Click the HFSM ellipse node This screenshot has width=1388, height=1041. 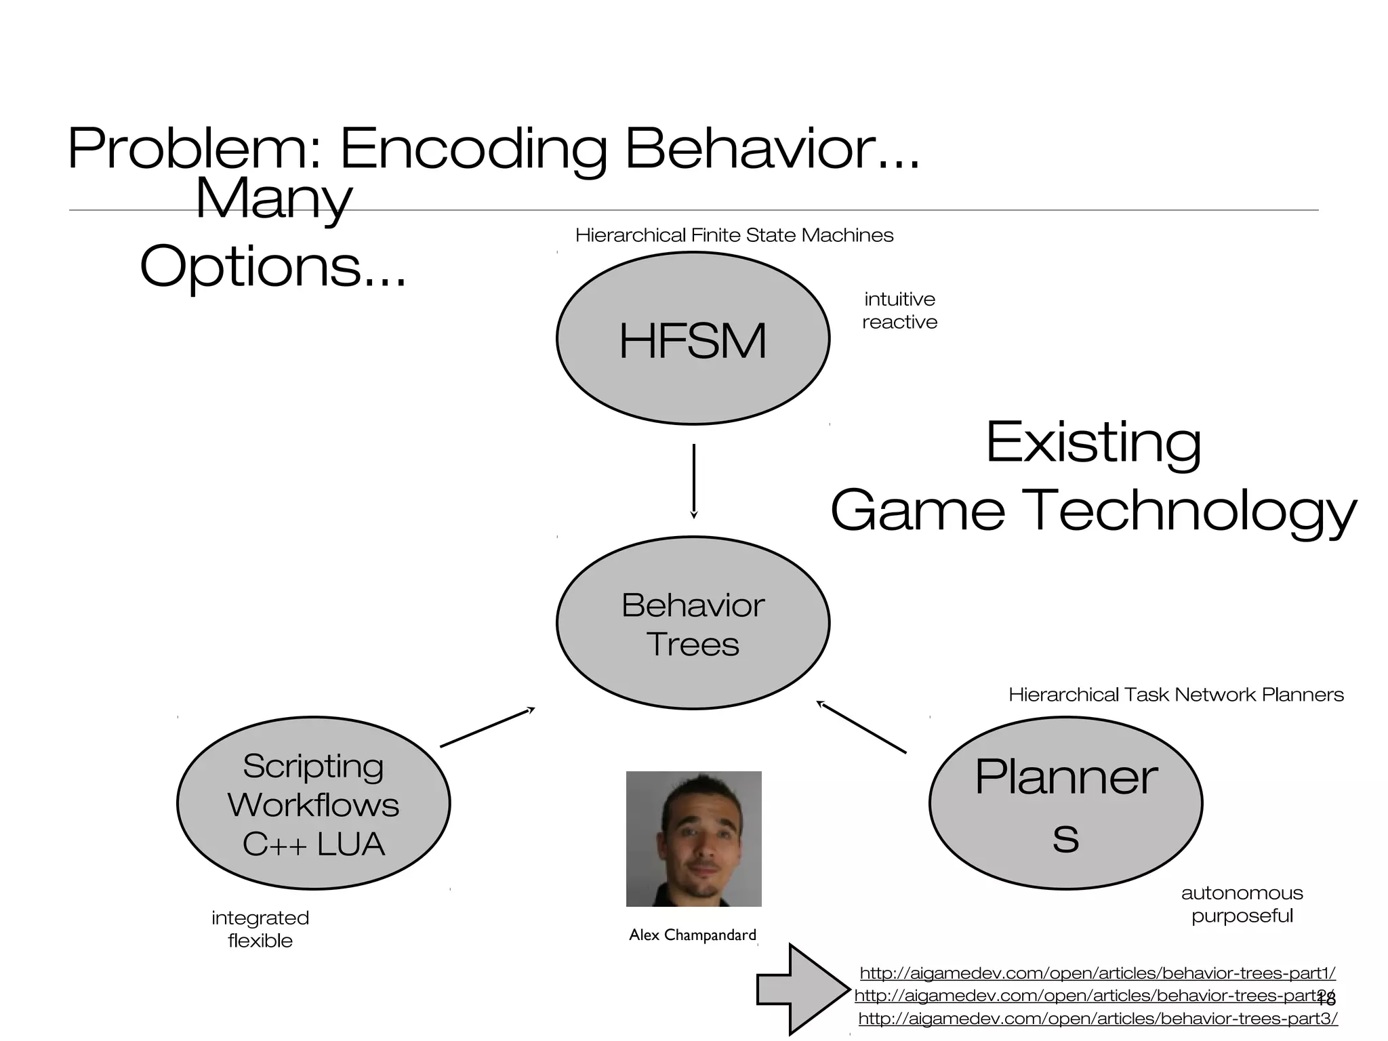pyautogui.click(x=693, y=339)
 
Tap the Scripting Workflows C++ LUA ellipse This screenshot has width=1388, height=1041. pyautogui.click(x=313, y=804)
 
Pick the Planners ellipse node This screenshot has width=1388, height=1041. pyautogui.click(x=1065, y=804)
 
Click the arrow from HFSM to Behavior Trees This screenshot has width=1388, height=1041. pyautogui.click(x=693, y=481)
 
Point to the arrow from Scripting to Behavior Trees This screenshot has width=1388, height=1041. pyautogui.click(x=487, y=727)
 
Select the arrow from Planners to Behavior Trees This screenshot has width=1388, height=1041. pyautogui.click(x=861, y=728)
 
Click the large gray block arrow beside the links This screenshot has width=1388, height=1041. pyautogui.click(x=803, y=989)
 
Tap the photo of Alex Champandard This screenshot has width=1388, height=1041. pyautogui.click(x=693, y=839)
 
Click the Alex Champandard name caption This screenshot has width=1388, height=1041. pyautogui.click(x=692, y=935)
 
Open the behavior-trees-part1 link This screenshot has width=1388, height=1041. pyautogui.click(x=1097, y=973)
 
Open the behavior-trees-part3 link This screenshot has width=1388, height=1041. pyautogui.click(x=1098, y=1019)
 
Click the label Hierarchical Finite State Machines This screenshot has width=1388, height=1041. pyautogui.click(x=734, y=235)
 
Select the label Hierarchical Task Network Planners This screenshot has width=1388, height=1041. pyautogui.click(x=1176, y=695)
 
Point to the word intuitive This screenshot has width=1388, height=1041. pyautogui.click(x=899, y=299)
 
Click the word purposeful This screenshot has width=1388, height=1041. pyautogui.click(x=1242, y=916)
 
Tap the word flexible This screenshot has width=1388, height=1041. pyautogui.click(x=260, y=941)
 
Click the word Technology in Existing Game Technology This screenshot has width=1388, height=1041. pyautogui.click(x=1193, y=511)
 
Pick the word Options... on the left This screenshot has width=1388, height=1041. pyautogui.click(x=272, y=267)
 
